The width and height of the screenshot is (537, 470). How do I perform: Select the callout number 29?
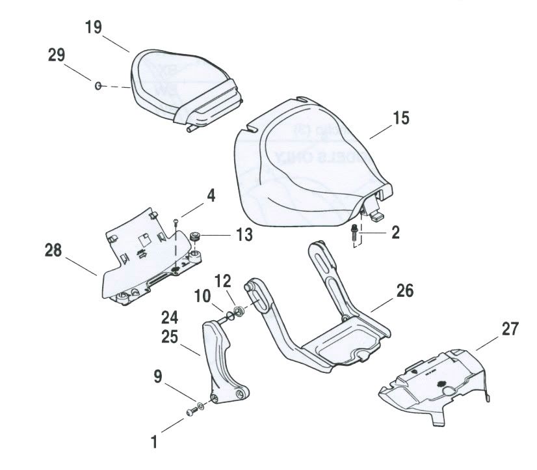tap(56, 55)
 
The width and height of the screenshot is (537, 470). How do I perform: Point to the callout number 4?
tap(211, 195)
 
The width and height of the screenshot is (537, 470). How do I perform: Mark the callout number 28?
tap(55, 250)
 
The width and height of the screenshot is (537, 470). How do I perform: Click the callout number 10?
tap(200, 297)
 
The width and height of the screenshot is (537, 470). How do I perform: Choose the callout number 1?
tap(154, 443)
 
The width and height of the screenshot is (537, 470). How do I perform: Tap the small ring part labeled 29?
tap(98, 85)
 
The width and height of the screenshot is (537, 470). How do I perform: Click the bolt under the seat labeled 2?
tap(353, 231)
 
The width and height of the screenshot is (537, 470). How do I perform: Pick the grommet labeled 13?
tap(194, 235)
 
